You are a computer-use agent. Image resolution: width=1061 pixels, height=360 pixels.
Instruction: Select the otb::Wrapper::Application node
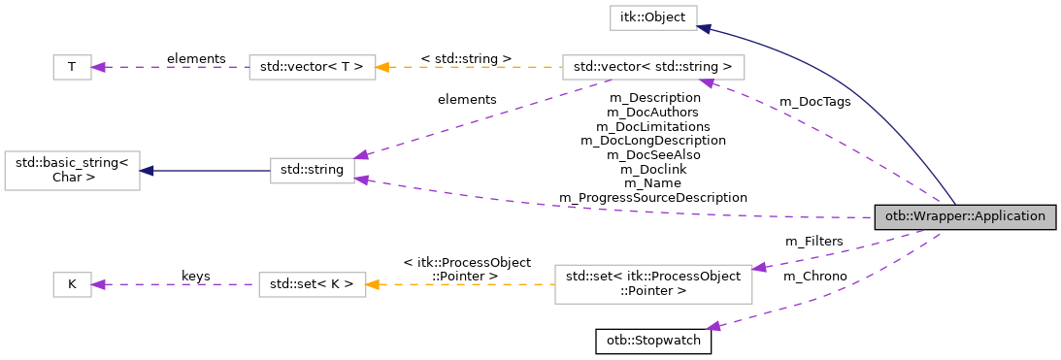coord(964,217)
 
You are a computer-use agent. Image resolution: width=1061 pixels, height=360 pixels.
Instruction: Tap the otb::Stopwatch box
coord(653,342)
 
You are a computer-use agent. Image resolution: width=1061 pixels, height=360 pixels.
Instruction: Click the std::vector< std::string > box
coord(653,67)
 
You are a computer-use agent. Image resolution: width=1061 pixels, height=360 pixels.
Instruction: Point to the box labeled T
coord(71,67)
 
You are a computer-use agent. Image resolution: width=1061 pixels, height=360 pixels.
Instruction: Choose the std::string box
coord(312,170)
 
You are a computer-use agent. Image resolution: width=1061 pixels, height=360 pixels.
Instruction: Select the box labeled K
coord(71,284)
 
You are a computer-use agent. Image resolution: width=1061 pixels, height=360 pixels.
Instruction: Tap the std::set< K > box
coord(312,284)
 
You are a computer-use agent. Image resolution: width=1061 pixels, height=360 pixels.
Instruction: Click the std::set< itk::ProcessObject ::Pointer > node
coord(653,284)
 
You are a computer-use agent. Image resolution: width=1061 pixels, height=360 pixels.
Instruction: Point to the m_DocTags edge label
coord(814,102)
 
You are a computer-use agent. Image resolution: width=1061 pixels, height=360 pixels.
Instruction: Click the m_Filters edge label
coord(813,241)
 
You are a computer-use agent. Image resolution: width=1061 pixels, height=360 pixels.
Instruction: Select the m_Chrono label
coord(815,277)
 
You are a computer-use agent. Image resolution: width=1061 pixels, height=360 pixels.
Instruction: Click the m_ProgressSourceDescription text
coord(652,197)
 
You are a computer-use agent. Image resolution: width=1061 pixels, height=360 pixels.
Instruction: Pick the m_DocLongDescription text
coord(652,140)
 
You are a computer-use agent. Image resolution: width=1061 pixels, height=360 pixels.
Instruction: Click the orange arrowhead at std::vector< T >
coord(382,67)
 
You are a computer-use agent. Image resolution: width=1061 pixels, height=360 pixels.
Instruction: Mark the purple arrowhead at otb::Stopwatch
coord(714,327)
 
